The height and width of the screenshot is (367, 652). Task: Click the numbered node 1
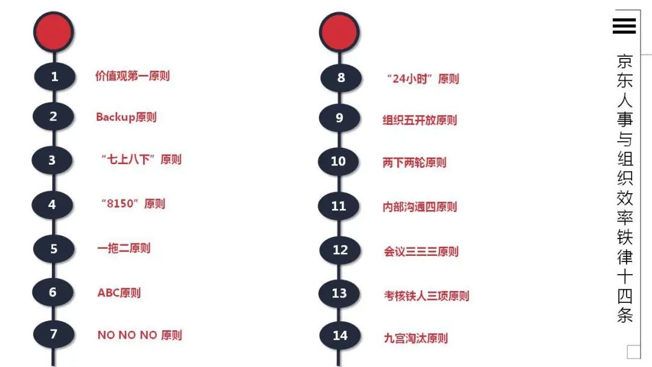coord(54,77)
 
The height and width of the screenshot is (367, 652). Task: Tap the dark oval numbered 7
coord(54,334)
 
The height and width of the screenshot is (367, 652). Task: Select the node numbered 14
coord(340,335)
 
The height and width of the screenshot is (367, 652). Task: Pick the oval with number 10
coord(339,161)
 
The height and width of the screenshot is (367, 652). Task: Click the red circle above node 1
coord(53,31)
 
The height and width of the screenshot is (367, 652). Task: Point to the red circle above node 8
coord(339,31)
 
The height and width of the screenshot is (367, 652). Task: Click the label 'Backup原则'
coord(126,117)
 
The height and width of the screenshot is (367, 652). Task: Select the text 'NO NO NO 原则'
coord(139,335)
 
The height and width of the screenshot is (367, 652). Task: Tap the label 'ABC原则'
coord(119,293)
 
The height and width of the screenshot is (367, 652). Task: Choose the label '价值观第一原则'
coord(132,76)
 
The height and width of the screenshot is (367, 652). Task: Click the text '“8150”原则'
coord(133,203)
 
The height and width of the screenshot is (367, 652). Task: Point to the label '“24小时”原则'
coord(422,78)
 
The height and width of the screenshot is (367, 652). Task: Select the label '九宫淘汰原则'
coord(416,338)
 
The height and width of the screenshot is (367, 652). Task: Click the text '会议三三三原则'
coord(421,251)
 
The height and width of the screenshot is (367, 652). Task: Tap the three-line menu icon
coord(624,25)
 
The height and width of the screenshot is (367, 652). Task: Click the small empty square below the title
coord(633,351)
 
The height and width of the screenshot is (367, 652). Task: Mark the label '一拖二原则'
coord(124,248)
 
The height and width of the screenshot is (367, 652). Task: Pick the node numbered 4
coord(53,205)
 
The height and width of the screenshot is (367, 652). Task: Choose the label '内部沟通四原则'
coord(420,207)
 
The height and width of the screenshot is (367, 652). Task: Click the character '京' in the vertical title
coord(625,62)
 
